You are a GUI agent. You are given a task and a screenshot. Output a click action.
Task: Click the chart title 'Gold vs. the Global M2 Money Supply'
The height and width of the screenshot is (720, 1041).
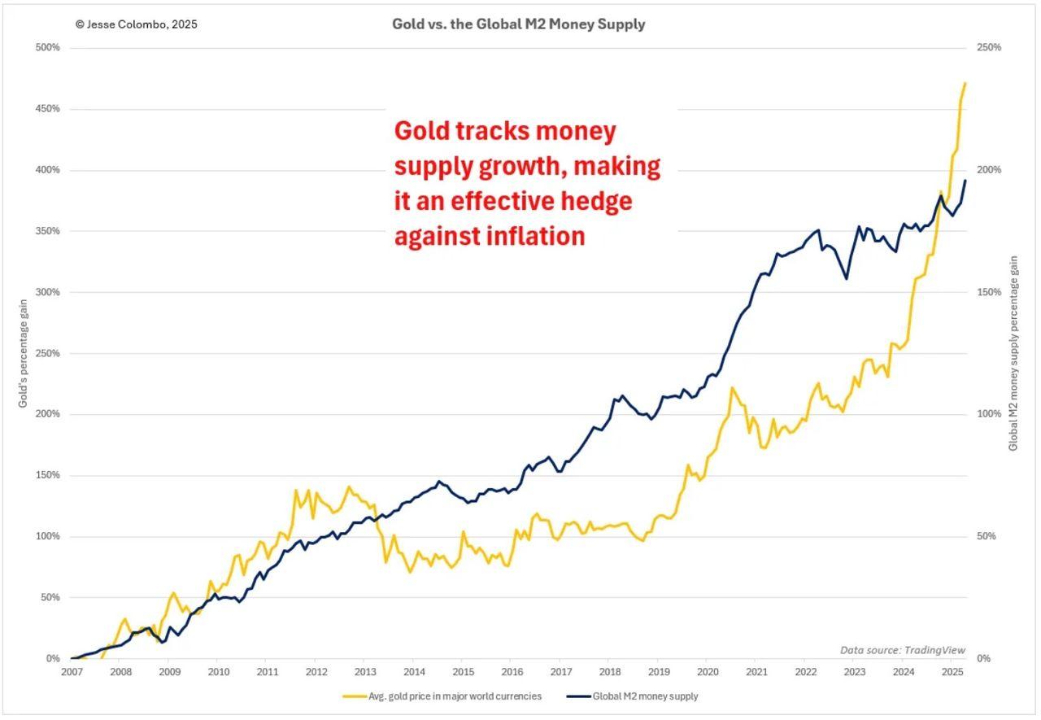coord(518,24)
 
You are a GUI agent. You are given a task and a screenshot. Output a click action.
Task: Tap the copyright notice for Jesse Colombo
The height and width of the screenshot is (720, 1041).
coord(136,24)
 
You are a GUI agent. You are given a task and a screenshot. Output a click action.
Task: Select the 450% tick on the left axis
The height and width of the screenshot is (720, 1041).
coord(48,109)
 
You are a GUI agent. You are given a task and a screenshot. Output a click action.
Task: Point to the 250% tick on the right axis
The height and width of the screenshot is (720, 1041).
coord(988,48)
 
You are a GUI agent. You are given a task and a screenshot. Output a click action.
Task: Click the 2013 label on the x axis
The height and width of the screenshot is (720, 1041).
coord(365,672)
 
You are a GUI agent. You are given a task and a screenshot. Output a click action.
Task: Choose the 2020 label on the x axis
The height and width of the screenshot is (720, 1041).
coord(708,672)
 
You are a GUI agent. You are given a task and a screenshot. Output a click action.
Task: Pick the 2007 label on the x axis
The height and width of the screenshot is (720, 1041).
coord(72,672)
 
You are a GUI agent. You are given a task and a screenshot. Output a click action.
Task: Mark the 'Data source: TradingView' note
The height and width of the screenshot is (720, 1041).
coord(903,650)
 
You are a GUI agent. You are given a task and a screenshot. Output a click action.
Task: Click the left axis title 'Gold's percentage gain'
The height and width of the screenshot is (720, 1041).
coord(24,353)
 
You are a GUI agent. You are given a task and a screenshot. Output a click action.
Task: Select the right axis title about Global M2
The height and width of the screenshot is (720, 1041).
coord(1013,353)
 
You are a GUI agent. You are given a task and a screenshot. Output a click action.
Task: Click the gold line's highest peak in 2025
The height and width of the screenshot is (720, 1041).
coord(965,83)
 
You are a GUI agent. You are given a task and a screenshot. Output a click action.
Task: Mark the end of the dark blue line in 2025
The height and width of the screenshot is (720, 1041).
coord(965,181)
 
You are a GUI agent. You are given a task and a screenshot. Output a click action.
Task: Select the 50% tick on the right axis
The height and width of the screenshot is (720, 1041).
coord(986,537)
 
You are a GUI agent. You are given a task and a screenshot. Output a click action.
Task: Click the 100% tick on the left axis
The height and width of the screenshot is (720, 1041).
coord(48,537)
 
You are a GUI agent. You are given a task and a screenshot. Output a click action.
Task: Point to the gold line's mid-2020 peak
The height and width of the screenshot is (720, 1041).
coord(732,387)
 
